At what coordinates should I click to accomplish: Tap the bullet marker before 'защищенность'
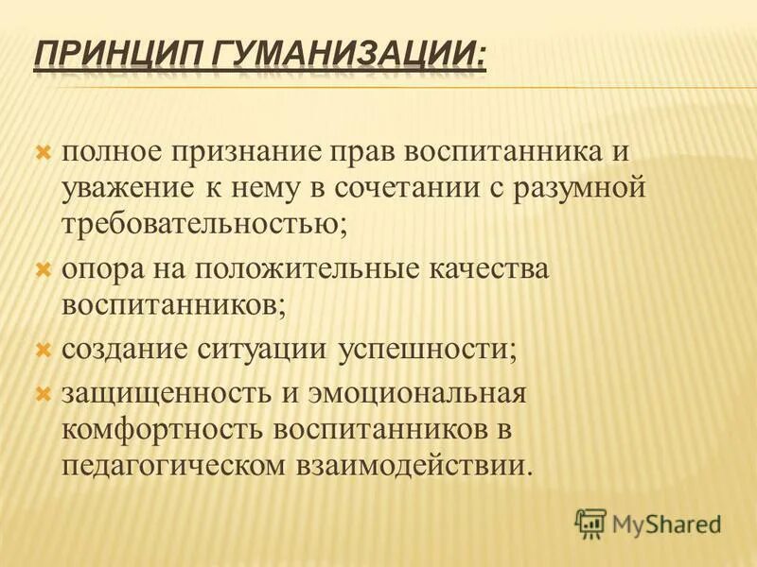(x=43, y=389)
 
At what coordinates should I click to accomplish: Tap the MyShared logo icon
(x=590, y=522)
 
